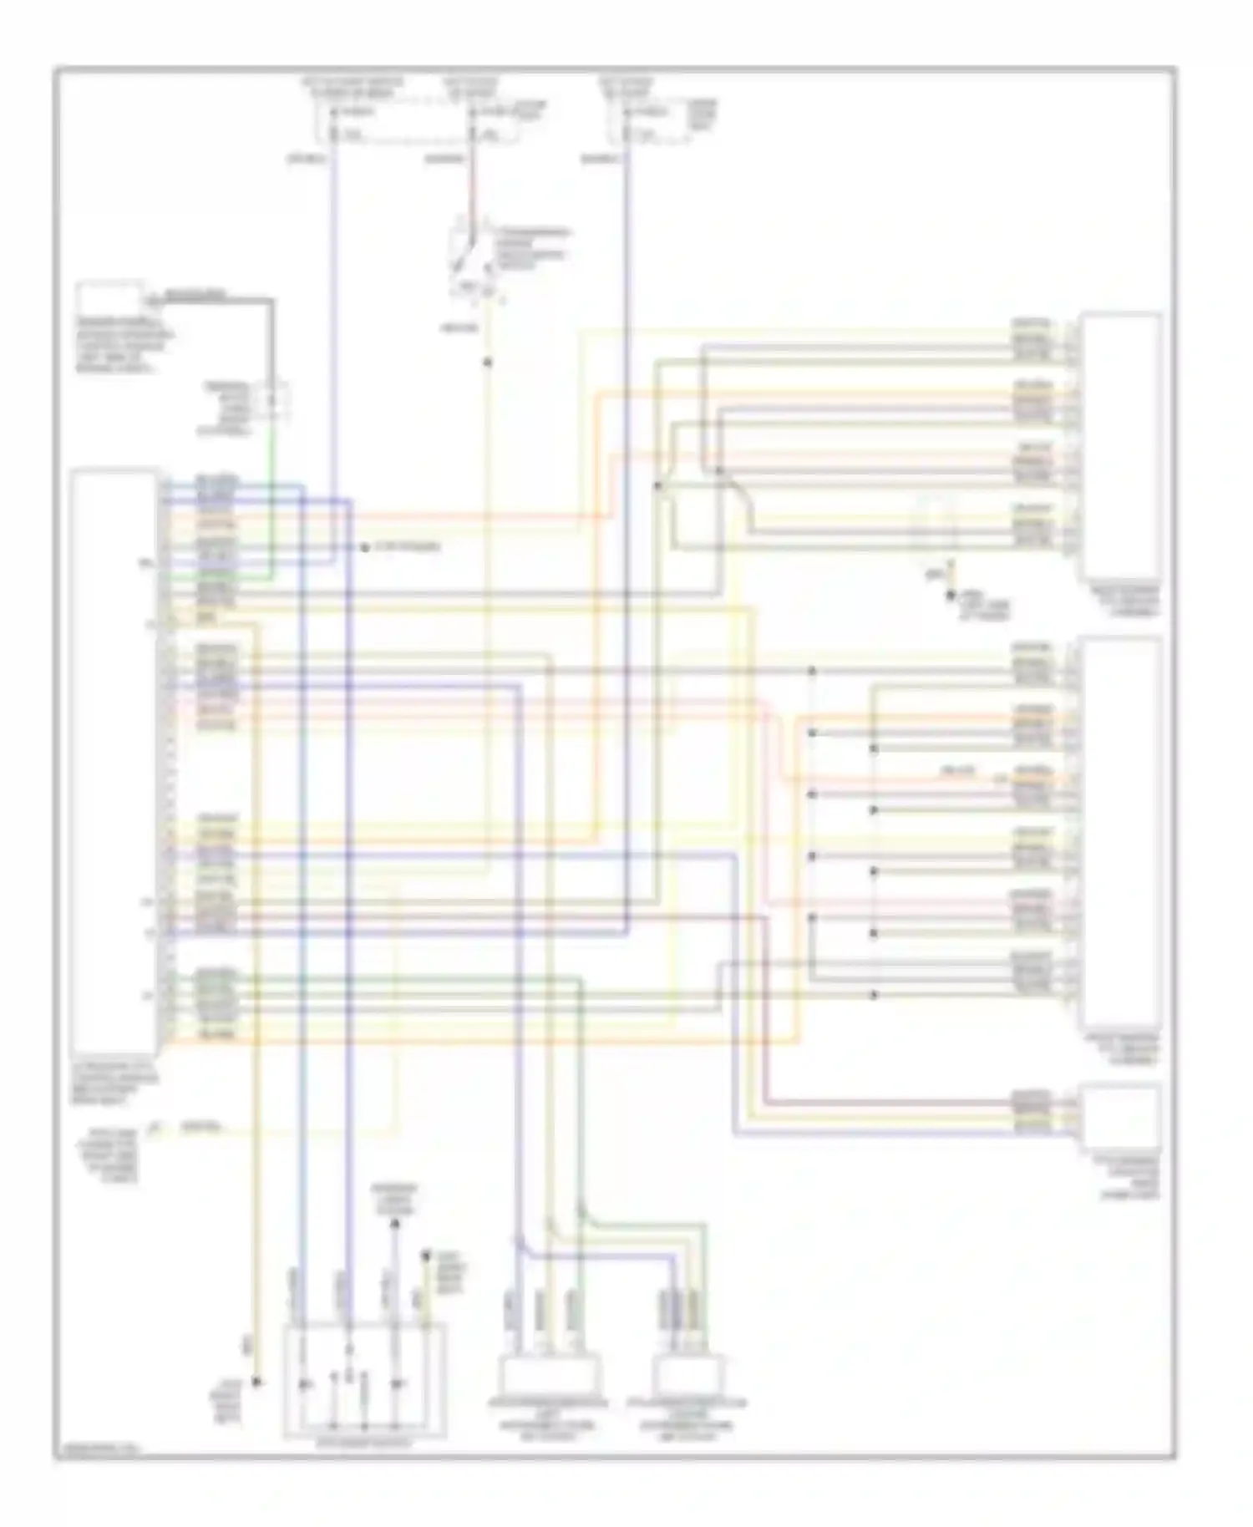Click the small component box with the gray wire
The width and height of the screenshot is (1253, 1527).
tap(109, 299)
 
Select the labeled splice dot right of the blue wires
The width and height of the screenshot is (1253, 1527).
tap(365, 548)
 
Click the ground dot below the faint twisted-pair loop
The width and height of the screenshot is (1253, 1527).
tap(950, 595)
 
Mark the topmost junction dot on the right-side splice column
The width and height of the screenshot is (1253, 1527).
tap(811, 671)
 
